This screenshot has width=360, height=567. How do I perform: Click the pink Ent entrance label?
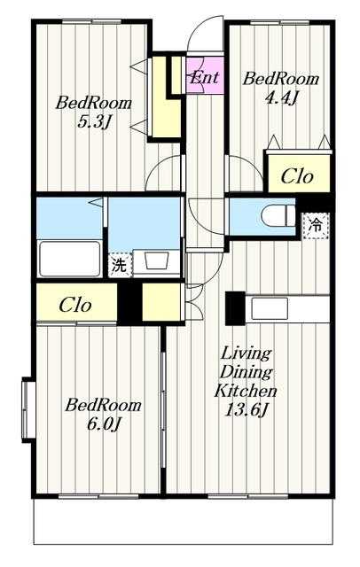pos(205,77)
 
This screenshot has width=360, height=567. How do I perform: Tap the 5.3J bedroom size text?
pos(94,123)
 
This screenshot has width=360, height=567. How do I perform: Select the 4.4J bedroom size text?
pos(281,97)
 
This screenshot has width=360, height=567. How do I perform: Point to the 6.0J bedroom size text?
pos(104,423)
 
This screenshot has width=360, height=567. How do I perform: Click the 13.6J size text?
pos(246,410)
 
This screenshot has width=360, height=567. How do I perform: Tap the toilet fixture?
pos(278,216)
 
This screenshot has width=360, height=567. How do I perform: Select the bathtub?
pos(70,259)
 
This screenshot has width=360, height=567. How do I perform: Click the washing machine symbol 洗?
pos(120,266)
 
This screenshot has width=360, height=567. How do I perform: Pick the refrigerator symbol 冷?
pos(316,226)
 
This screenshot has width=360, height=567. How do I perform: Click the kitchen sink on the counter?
pos(270,308)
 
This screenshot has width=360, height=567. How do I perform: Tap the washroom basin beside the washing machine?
pos(156,260)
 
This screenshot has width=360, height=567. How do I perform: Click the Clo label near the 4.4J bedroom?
pos(297,176)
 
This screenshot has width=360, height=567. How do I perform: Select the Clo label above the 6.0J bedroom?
pos(74,305)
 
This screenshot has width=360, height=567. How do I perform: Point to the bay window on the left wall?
pos(28,409)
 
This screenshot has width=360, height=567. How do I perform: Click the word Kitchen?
pos(246,391)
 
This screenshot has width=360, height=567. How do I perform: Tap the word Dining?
pos(246,371)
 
